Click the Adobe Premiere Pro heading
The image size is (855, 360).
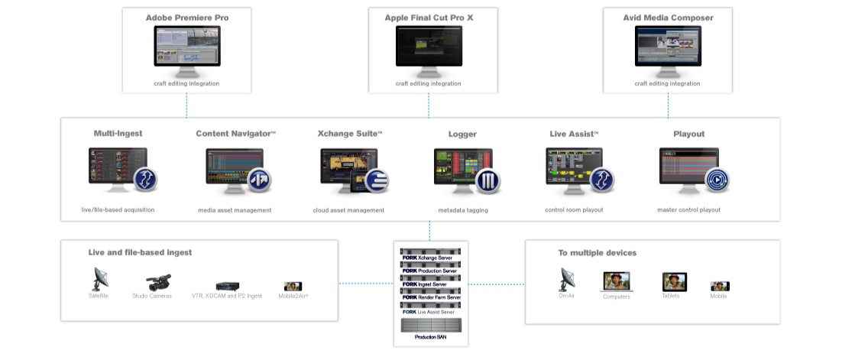click(187, 17)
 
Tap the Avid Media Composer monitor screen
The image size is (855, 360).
click(668, 45)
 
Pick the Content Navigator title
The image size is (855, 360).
click(235, 134)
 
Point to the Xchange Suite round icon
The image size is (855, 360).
click(377, 181)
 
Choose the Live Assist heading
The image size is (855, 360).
click(574, 134)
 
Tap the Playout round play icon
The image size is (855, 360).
click(717, 181)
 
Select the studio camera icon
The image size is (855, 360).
click(157, 281)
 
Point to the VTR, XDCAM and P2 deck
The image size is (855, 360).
click(228, 286)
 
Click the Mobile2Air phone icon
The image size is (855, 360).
click(293, 286)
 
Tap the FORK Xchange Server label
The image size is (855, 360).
click(432, 258)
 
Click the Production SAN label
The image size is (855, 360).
click(430, 336)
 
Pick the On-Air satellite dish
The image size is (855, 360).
click(567, 279)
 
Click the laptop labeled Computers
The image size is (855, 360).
click(616, 281)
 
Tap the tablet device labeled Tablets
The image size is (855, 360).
click(674, 281)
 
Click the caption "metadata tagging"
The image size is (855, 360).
click(462, 210)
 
